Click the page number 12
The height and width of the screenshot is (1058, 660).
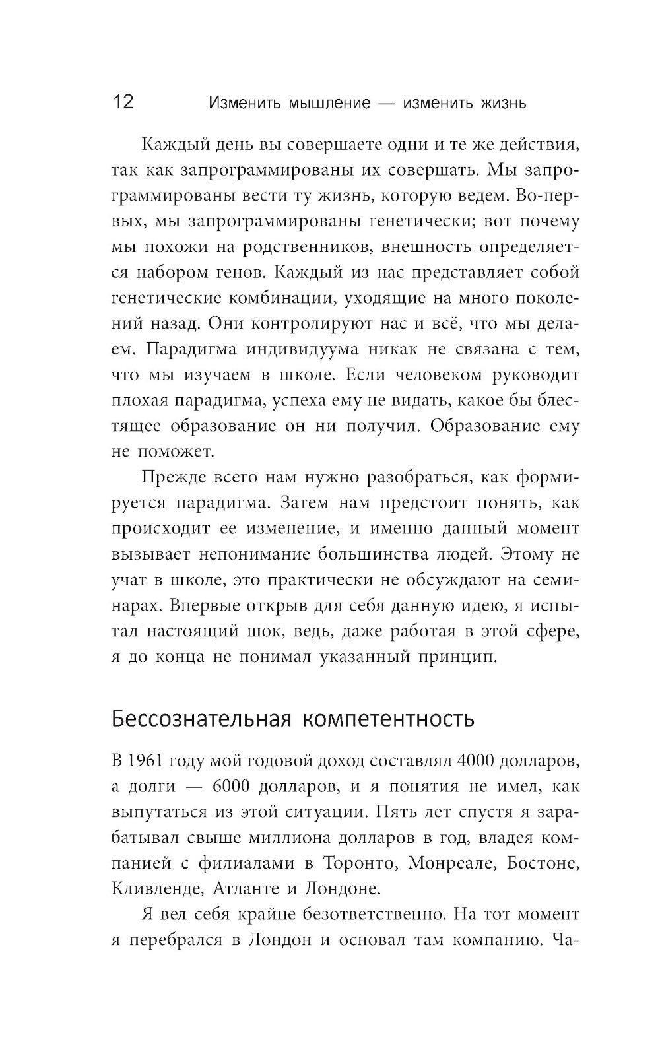point(123,102)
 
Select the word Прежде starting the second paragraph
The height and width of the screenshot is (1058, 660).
point(172,477)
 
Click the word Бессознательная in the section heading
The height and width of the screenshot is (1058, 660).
point(201,718)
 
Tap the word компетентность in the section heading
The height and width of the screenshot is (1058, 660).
point(388,718)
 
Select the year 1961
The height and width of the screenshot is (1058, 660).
point(145,761)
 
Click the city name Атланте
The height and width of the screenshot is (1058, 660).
point(245,888)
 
